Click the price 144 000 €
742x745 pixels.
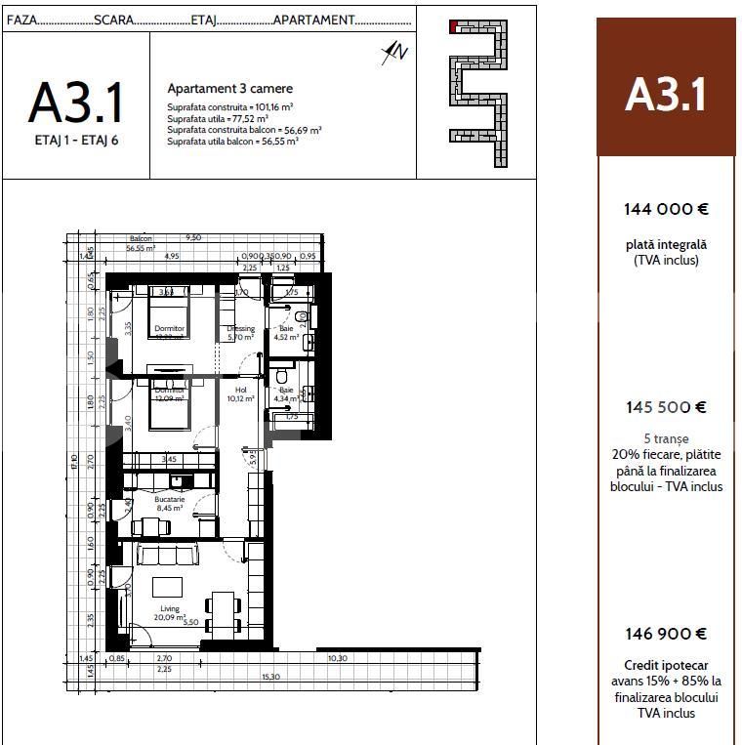(x=665, y=209)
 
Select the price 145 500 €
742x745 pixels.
(x=665, y=407)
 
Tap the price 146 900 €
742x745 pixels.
(x=665, y=634)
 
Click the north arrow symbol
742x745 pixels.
(x=393, y=52)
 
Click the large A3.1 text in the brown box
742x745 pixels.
(x=665, y=95)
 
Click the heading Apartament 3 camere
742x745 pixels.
(x=229, y=89)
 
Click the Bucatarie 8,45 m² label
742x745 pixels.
(x=170, y=503)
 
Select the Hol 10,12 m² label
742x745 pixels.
(x=240, y=393)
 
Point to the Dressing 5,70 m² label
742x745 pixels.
(x=240, y=334)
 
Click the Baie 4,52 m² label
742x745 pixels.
(x=286, y=334)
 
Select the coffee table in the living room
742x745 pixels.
(x=167, y=587)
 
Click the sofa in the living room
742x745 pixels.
(x=167, y=555)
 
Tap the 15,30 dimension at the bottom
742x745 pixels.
(x=270, y=677)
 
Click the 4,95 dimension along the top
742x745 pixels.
(x=172, y=257)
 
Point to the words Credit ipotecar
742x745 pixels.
(x=665, y=665)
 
